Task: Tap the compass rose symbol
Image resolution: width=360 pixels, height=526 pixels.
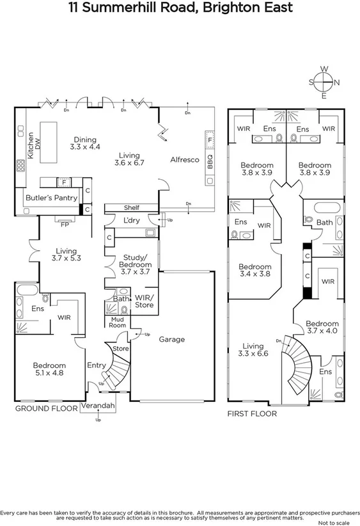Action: pyautogui.click(x=324, y=82)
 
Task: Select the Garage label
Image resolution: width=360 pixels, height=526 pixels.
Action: pyautogui.click(x=171, y=339)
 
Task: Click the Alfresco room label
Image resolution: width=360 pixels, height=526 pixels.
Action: pyautogui.click(x=184, y=159)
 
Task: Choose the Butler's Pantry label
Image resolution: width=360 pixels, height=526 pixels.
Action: pyautogui.click(x=51, y=198)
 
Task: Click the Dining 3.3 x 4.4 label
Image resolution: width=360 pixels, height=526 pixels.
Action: pyautogui.click(x=85, y=143)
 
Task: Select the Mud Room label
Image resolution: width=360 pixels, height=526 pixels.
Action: pyautogui.click(x=117, y=321)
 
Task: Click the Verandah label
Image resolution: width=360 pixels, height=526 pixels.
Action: pyautogui.click(x=98, y=406)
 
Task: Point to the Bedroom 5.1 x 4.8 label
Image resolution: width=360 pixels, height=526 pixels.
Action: pyautogui.click(x=49, y=371)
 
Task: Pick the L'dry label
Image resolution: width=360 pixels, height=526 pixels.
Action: pyautogui.click(x=130, y=221)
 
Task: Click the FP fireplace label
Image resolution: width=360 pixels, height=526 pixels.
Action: pyautogui.click(x=64, y=225)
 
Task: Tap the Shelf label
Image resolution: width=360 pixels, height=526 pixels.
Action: pyautogui.click(x=132, y=207)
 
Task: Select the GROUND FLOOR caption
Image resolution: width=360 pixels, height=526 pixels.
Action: pyautogui.click(x=45, y=408)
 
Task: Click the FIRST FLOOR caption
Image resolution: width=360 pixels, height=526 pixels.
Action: pyautogui.click(x=252, y=414)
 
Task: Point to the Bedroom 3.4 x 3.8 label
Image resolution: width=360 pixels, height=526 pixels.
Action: pyautogui.click(x=254, y=271)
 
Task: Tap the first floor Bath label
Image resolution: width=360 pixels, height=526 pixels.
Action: pyautogui.click(x=324, y=223)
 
